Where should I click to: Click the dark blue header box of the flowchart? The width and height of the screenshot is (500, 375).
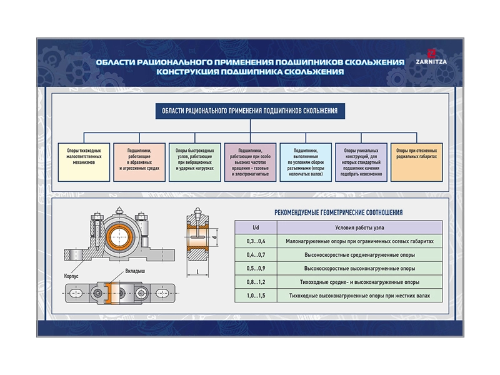250,111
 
